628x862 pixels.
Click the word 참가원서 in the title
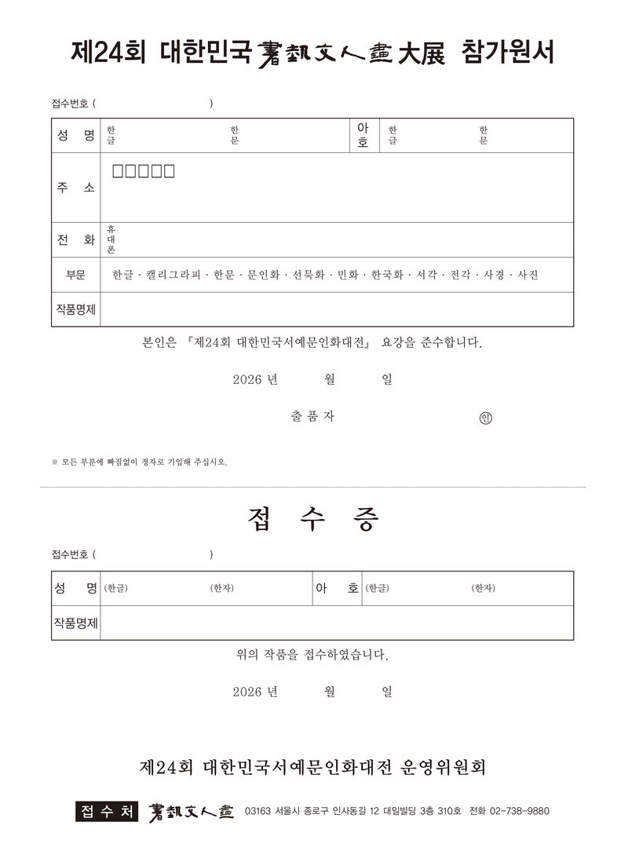tap(509, 53)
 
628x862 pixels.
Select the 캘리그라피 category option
tap(173, 275)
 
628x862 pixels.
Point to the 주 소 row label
tap(75, 188)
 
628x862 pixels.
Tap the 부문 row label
tap(75, 275)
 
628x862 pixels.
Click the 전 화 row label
tap(75, 240)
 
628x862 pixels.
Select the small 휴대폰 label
tap(111, 240)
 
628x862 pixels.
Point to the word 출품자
tap(312, 417)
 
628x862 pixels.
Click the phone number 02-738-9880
tap(519, 811)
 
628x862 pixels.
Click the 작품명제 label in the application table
tap(75, 309)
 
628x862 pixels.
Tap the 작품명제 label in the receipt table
tap(75, 623)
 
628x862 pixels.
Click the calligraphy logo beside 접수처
tap(191, 811)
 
